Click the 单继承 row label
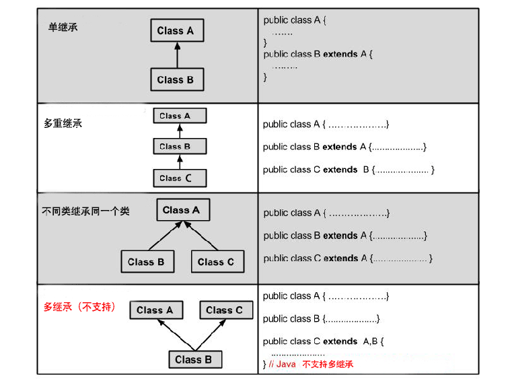click(63, 27)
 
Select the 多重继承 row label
click(63, 124)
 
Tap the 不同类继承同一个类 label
click(85, 211)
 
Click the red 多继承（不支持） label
click(79, 307)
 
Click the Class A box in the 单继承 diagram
click(176, 30)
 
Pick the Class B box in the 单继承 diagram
click(176, 79)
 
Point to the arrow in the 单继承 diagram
click(176, 55)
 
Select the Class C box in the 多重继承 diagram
click(179, 178)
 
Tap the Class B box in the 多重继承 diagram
click(179, 146)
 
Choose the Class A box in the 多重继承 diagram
click(179, 116)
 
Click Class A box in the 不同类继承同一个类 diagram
click(182, 210)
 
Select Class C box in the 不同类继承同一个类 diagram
click(216, 262)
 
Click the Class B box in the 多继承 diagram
click(194, 359)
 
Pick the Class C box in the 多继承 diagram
click(225, 310)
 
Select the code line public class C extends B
click(349, 170)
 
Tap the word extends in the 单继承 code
click(340, 54)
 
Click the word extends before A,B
click(340, 341)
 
